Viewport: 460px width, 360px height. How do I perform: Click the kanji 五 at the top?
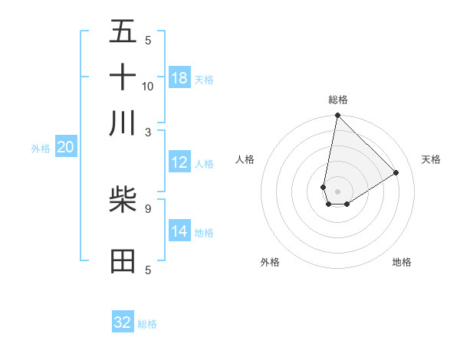tap(123, 31)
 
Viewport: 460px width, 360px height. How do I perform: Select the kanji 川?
tap(123, 123)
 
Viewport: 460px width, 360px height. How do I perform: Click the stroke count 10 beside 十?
tap(148, 86)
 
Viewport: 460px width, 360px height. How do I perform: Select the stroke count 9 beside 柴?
tap(148, 208)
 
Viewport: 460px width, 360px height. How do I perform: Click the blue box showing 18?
tap(179, 78)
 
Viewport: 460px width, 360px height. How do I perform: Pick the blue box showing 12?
tap(179, 162)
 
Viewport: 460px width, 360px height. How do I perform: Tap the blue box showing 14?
tap(179, 231)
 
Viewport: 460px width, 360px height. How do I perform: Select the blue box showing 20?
tap(65, 147)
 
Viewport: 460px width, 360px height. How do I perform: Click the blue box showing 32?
tap(123, 322)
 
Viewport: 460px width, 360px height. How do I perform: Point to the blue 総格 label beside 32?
tap(147, 324)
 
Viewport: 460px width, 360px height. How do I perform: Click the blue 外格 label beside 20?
tap(41, 149)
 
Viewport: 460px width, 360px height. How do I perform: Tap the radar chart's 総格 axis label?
tap(338, 100)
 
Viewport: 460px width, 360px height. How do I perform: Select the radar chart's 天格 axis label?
tap(432, 159)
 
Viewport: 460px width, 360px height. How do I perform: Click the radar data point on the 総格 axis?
tap(337, 116)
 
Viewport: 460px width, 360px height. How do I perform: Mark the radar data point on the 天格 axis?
tap(396, 172)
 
